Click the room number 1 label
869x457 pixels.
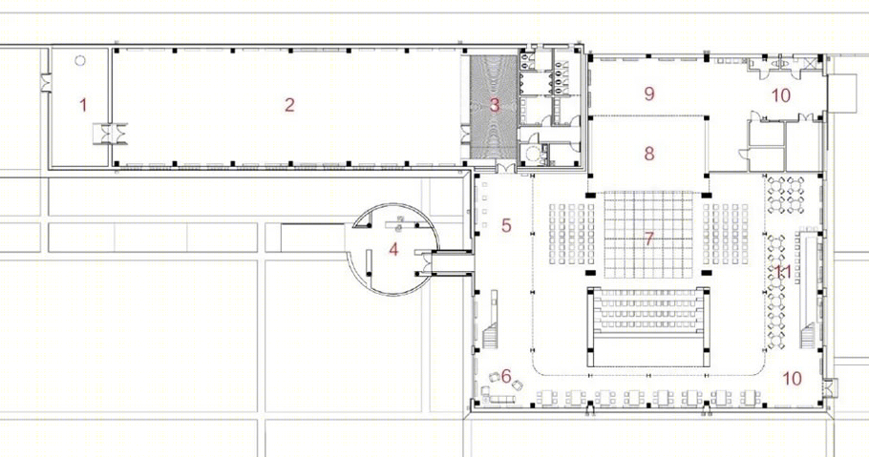pyautogui.click(x=83, y=105)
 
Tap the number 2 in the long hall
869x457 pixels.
pyautogui.click(x=289, y=105)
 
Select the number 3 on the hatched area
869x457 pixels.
pyautogui.click(x=495, y=105)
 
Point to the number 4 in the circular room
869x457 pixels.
pyautogui.click(x=393, y=250)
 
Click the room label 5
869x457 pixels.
pyautogui.click(x=506, y=225)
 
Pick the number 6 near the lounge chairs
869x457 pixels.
pyautogui.click(x=506, y=377)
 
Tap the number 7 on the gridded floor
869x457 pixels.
pyautogui.click(x=648, y=239)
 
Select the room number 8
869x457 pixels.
pyautogui.click(x=649, y=154)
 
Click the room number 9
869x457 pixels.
pyautogui.click(x=649, y=93)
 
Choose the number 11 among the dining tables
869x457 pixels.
pyautogui.click(x=782, y=272)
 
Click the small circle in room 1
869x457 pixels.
pyautogui.click(x=80, y=61)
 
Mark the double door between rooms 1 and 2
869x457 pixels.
pyautogui.click(x=111, y=135)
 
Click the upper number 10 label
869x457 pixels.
pyautogui.click(x=781, y=95)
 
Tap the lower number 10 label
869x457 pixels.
pyautogui.click(x=792, y=379)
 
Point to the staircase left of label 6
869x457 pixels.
pyautogui.click(x=490, y=336)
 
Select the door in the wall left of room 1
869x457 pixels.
pyautogui.click(x=45, y=83)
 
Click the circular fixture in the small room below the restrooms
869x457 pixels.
pyautogui.click(x=533, y=154)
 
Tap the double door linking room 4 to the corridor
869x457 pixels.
pyautogui.click(x=423, y=262)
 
